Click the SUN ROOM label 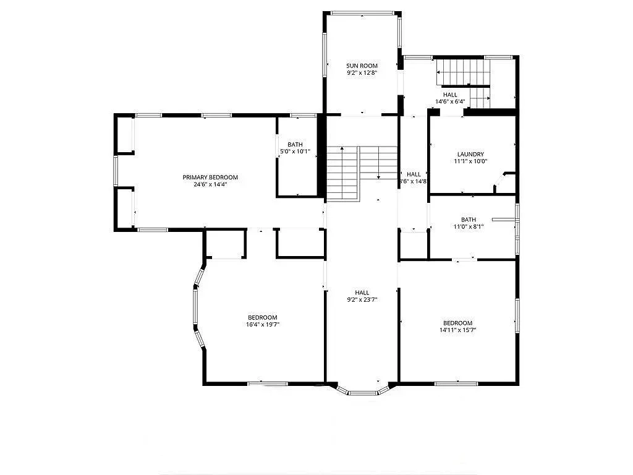pos(362,66)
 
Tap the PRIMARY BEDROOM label pos(210,178)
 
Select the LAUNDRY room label pos(470,155)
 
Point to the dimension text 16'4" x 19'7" pos(263,324)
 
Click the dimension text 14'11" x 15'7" pos(457,330)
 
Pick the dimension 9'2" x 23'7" pos(362,299)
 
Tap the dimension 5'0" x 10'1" pos(295,152)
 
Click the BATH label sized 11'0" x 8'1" pos(469,220)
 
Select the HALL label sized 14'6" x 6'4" pos(450,95)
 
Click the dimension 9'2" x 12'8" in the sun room pos(362,73)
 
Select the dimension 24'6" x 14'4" pos(210,184)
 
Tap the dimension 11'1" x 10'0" pos(470,161)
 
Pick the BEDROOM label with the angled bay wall pos(263,317)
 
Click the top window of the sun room pos(362,12)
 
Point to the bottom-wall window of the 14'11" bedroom pos(456,384)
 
